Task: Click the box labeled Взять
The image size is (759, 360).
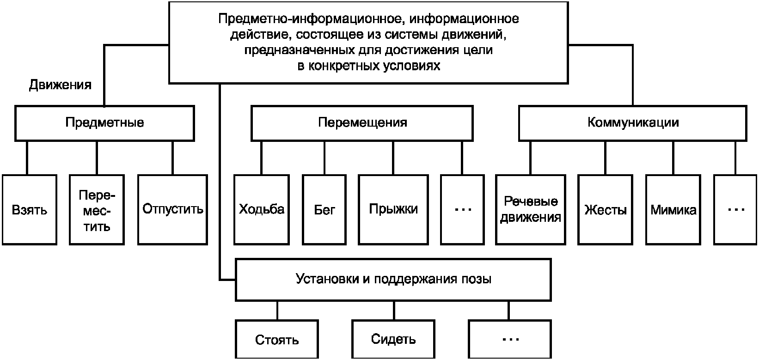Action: pyautogui.click(x=30, y=210)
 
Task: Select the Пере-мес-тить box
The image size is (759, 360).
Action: pyautogui.click(x=97, y=210)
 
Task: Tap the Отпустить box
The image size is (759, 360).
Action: pyautogui.click(x=172, y=210)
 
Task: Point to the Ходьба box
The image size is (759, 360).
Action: pyautogui.click(x=262, y=210)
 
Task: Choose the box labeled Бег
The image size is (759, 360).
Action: pyautogui.click(x=324, y=210)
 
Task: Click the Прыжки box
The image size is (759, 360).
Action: pyautogui.click(x=393, y=210)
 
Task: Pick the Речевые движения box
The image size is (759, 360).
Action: pyautogui.click(x=531, y=210)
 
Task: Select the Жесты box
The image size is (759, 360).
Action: pyautogui.click(x=605, y=210)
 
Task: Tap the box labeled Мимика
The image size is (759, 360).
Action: pyautogui.click(x=673, y=210)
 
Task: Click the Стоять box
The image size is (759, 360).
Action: pyautogui.click(x=277, y=339)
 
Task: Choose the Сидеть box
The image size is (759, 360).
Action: pyautogui.click(x=393, y=339)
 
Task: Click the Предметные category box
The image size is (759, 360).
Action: pyautogui.click(x=105, y=123)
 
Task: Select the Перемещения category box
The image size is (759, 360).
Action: pyautogui.click(x=362, y=123)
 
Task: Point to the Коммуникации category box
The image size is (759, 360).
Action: pyautogui.click(x=633, y=123)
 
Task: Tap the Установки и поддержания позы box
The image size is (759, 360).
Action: pyautogui.click(x=393, y=280)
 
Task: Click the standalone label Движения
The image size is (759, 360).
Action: pyautogui.click(x=60, y=85)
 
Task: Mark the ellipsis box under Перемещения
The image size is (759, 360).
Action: pyautogui.click(x=463, y=210)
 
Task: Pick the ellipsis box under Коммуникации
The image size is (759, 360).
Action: pyautogui.click(x=735, y=210)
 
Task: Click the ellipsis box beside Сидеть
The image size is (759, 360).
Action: pyautogui.click(x=510, y=339)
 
